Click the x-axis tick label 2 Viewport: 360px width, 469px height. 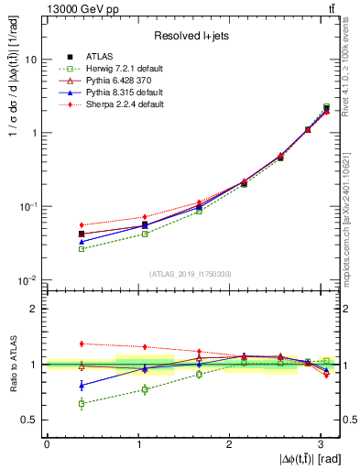(x=230, y=443)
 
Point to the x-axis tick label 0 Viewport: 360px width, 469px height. (x=47, y=443)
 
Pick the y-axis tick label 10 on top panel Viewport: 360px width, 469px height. (x=30, y=59)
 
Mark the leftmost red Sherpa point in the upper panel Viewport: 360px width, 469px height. (x=82, y=224)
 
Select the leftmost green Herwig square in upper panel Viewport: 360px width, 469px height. (x=82, y=248)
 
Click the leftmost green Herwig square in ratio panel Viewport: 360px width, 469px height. (x=82, y=403)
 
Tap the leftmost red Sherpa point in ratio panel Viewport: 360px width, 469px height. (x=82, y=344)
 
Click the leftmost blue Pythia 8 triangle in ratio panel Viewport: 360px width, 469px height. (x=82, y=386)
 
